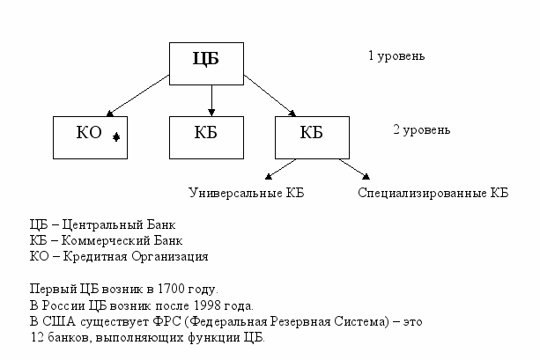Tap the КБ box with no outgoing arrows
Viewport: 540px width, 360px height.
[205, 136]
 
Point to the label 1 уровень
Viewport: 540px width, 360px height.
[396, 56]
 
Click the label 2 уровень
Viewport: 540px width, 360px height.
[421, 130]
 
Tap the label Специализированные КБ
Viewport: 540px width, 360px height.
[433, 192]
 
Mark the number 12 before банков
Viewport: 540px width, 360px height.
[36, 337]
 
